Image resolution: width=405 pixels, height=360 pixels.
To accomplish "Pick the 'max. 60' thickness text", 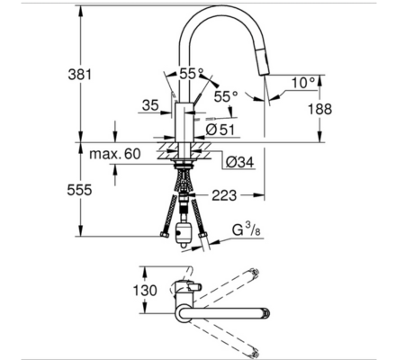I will (115, 155).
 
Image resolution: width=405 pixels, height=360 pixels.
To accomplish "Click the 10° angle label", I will (303, 82).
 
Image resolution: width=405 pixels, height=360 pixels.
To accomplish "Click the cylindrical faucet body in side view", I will (184, 121).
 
